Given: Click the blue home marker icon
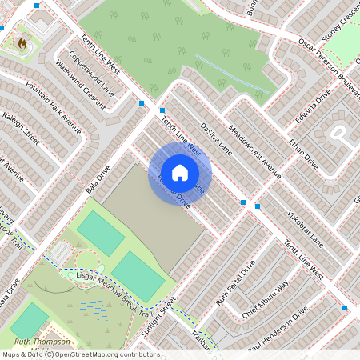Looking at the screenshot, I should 180,172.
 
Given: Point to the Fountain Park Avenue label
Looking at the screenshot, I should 53,106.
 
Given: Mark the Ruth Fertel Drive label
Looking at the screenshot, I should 235,282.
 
